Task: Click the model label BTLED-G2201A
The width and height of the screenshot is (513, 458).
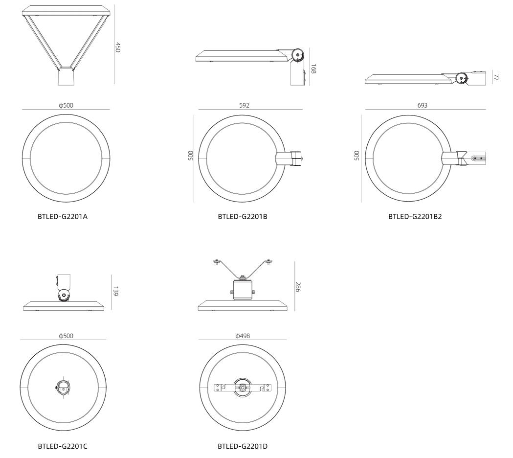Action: click(x=63, y=216)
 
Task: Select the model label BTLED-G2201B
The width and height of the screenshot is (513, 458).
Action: click(x=243, y=216)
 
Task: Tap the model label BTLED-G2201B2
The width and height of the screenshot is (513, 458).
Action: click(x=415, y=216)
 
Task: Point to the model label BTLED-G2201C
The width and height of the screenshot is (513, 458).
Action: click(x=63, y=446)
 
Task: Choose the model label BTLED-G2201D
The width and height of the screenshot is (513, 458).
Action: click(x=243, y=446)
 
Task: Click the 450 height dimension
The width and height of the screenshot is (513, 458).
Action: click(x=118, y=47)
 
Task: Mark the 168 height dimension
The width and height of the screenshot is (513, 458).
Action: click(x=313, y=69)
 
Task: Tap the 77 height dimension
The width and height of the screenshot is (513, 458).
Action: click(x=496, y=77)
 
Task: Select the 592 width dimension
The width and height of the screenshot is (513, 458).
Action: click(x=244, y=105)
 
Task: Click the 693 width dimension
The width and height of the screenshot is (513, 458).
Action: click(x=423, y=105)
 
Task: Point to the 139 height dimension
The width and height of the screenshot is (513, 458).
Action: click(x=115, y=291)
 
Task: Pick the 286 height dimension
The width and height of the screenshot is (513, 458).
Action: click(x=298, y=286)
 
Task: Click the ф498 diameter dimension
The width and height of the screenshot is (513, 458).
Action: click(x=243, y=336)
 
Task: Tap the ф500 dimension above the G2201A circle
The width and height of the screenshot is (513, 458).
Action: click(x=66, y=105)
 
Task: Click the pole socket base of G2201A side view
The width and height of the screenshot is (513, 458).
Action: click(x=66, y=76)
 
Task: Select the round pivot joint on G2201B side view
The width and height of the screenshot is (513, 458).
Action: click(x=298, y=55)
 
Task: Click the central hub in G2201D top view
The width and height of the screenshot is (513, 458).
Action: click(x=243, y=387)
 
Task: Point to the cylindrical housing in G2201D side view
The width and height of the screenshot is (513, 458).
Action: click(x=242, y=290)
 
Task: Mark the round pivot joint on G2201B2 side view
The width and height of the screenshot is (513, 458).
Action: click(x=461, y=78)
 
